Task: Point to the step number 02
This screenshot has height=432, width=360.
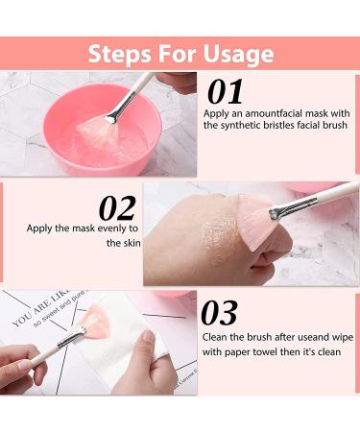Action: coord(116,208)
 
